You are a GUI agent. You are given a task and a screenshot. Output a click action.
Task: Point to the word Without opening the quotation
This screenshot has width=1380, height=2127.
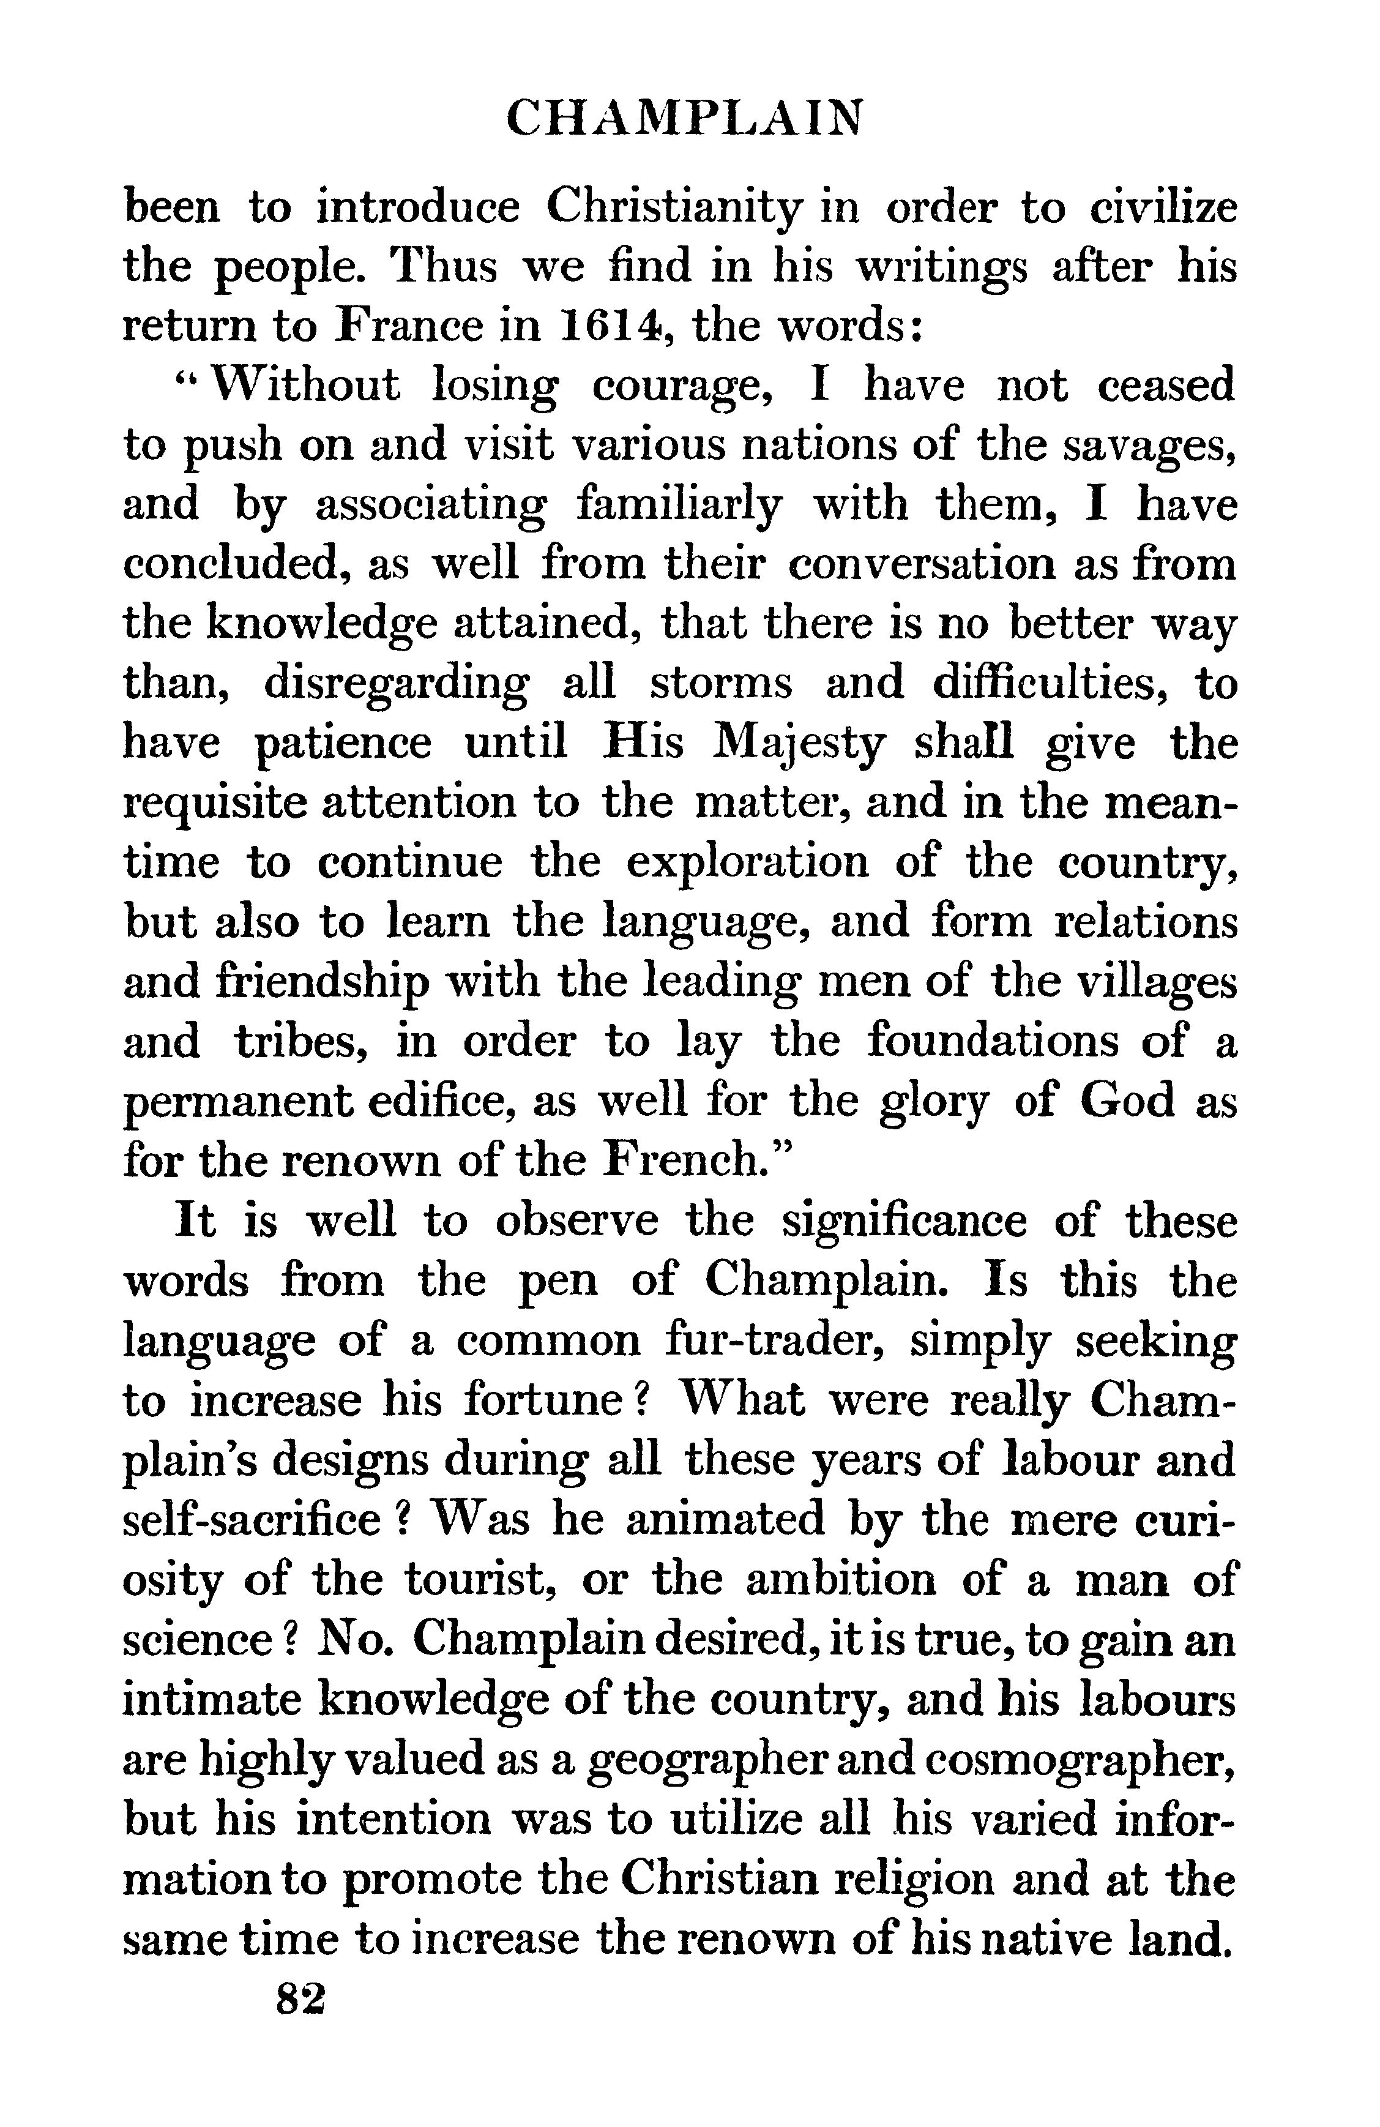[x=307, y=386]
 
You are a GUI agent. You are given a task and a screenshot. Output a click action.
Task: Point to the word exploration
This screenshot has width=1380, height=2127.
[x=747, y=863]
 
